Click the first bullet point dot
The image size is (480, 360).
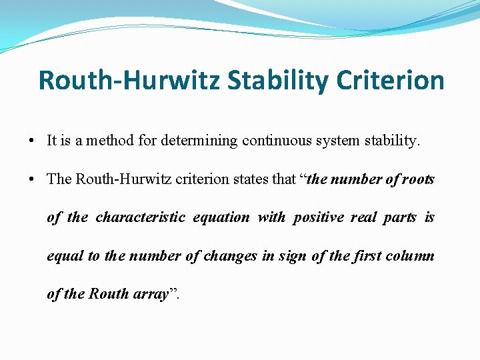click(x=32, y=141)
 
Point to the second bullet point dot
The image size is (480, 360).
click(x=32, y=179)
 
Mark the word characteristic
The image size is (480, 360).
click(x=141, y=217)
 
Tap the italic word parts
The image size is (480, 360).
click(x=400, y=218)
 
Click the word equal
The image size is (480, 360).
click(x=64, y=257)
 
